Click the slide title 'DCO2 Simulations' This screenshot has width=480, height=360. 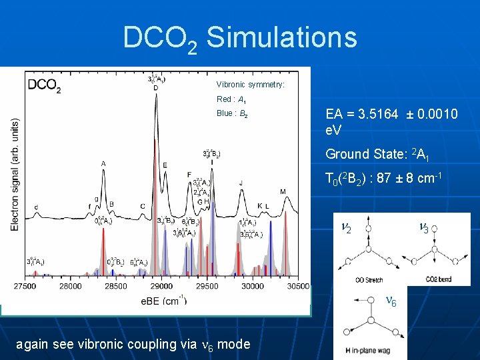pos(239,39)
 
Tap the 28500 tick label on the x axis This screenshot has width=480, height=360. pos(116,286)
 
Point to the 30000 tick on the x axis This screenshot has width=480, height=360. pos(252,286)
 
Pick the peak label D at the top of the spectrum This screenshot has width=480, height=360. pos(156,87)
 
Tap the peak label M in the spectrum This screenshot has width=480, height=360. pos(283,192)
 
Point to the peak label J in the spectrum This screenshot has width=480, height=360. pos(241,183)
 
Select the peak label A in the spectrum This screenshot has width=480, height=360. pos(103,163)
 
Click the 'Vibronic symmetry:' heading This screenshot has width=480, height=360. pos(250,85)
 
